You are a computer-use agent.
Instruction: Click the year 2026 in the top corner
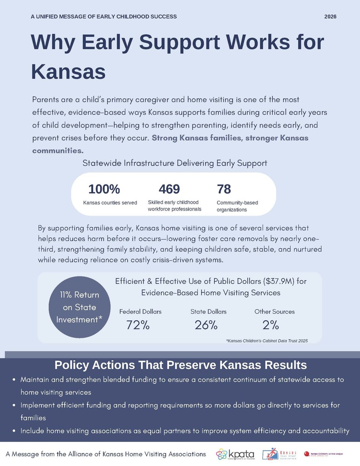click(x=330, y=16)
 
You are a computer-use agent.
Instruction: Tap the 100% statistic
click(x=104, y=189)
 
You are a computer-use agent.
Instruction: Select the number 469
click(x=169, y=189)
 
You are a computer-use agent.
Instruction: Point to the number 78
click(x=224, y=189)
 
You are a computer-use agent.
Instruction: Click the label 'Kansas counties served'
click(x=110, y=203)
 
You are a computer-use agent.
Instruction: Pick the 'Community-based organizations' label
click(x=237, y=206)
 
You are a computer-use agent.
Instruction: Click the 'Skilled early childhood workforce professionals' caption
click(x=174, y=206)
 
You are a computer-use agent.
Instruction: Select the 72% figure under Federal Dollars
click(x=138, y=325)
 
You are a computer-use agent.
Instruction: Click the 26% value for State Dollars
click(x=206, y=325)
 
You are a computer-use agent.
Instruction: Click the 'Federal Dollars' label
click(x=140, y=311)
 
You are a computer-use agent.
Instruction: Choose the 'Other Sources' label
click(x=274, y=311)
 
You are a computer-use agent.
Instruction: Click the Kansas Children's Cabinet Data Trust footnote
click(x=267, y=341)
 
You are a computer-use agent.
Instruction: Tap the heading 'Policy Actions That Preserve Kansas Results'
click(x=180, y=364)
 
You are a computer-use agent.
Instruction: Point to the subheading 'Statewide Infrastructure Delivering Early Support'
click(x=175, y=163)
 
